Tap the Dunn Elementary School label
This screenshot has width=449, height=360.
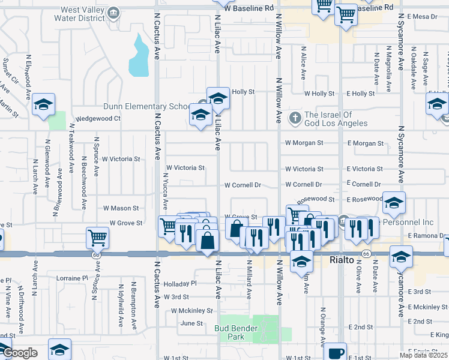click(x=146, y=106)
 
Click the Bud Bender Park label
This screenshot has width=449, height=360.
click(x=236, y=332)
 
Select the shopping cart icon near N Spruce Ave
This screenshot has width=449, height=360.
click(x=97, y=237)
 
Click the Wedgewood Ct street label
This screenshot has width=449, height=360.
click(x=97, y=118)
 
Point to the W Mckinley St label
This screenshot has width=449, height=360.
click(x=191, y=311)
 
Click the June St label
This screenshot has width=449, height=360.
click(x=191, y=323)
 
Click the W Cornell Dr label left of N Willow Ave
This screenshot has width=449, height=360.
click(x=243, y=185)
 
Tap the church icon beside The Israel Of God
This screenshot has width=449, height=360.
click(x=295, y=117)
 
